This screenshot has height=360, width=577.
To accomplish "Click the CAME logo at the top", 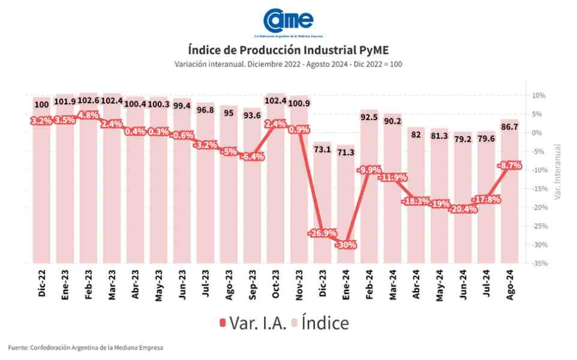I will tap(288, 22).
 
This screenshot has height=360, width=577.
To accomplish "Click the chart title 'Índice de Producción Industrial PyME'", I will tap(288, 49).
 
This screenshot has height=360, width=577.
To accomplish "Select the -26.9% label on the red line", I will tap(322, 233).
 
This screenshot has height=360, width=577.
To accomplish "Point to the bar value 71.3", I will tap(346, 152).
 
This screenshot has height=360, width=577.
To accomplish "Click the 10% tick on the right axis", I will tap(537, 95).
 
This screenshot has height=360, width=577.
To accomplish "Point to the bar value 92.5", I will tap(369, 118).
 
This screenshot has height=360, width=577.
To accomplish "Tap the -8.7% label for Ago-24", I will tap(510, 165).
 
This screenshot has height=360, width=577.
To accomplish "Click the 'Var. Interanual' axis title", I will tap(558, 172).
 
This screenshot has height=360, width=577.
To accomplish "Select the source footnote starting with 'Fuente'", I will tap(85, 347).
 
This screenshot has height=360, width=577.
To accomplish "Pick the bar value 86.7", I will tap(510, 127).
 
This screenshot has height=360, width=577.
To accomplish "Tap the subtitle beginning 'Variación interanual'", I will tap(288, 64).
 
